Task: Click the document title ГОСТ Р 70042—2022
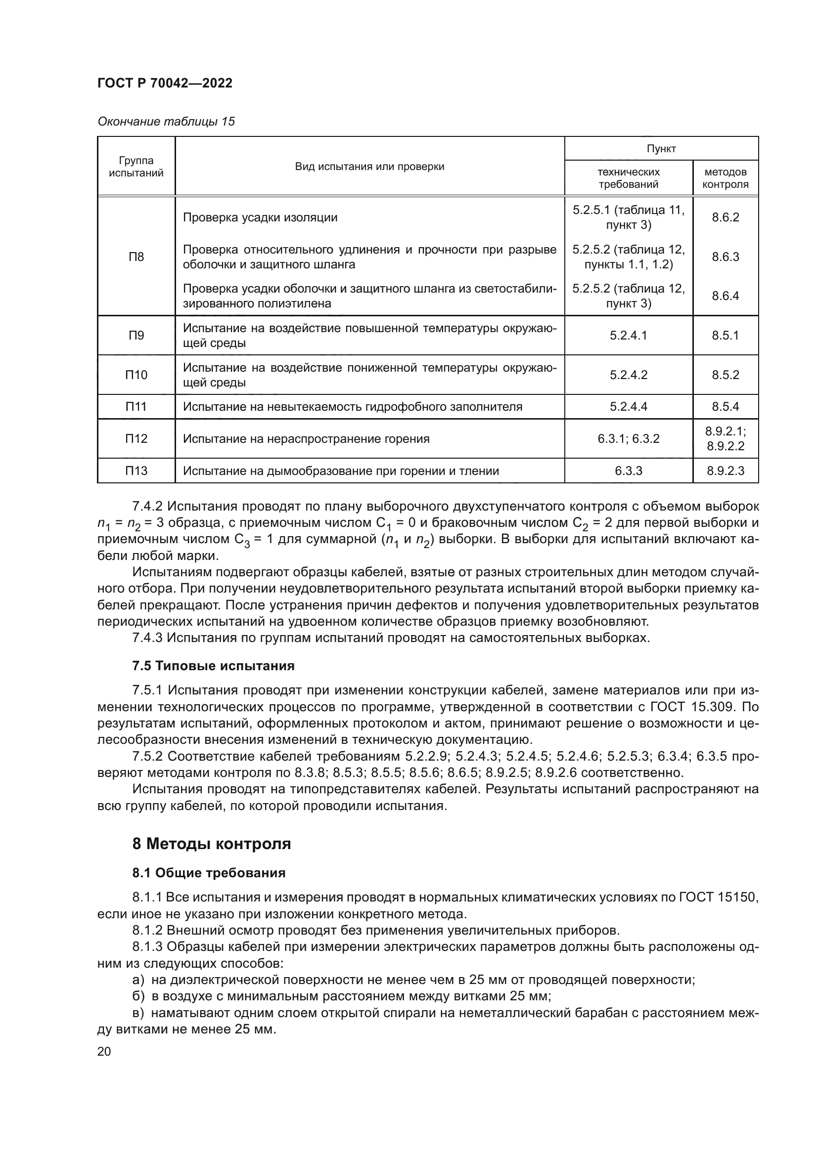coord(165,83)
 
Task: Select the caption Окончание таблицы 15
coord(166,122)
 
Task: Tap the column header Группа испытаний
coord(136,167)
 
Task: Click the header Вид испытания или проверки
coord(369,167)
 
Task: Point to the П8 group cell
coord(136,257)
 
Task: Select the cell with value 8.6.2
coord(725,217)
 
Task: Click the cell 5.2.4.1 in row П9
coord(628,335)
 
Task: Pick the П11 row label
coord(136,406)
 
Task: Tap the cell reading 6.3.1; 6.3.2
coord(628,438)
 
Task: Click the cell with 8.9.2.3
coord(725,471)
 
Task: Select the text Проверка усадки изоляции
coord(260,217)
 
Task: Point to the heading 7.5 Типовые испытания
coord(213,666)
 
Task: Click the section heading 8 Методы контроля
coord(212,844)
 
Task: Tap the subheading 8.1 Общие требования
coord(209,873)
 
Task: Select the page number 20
coord(104,1051)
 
